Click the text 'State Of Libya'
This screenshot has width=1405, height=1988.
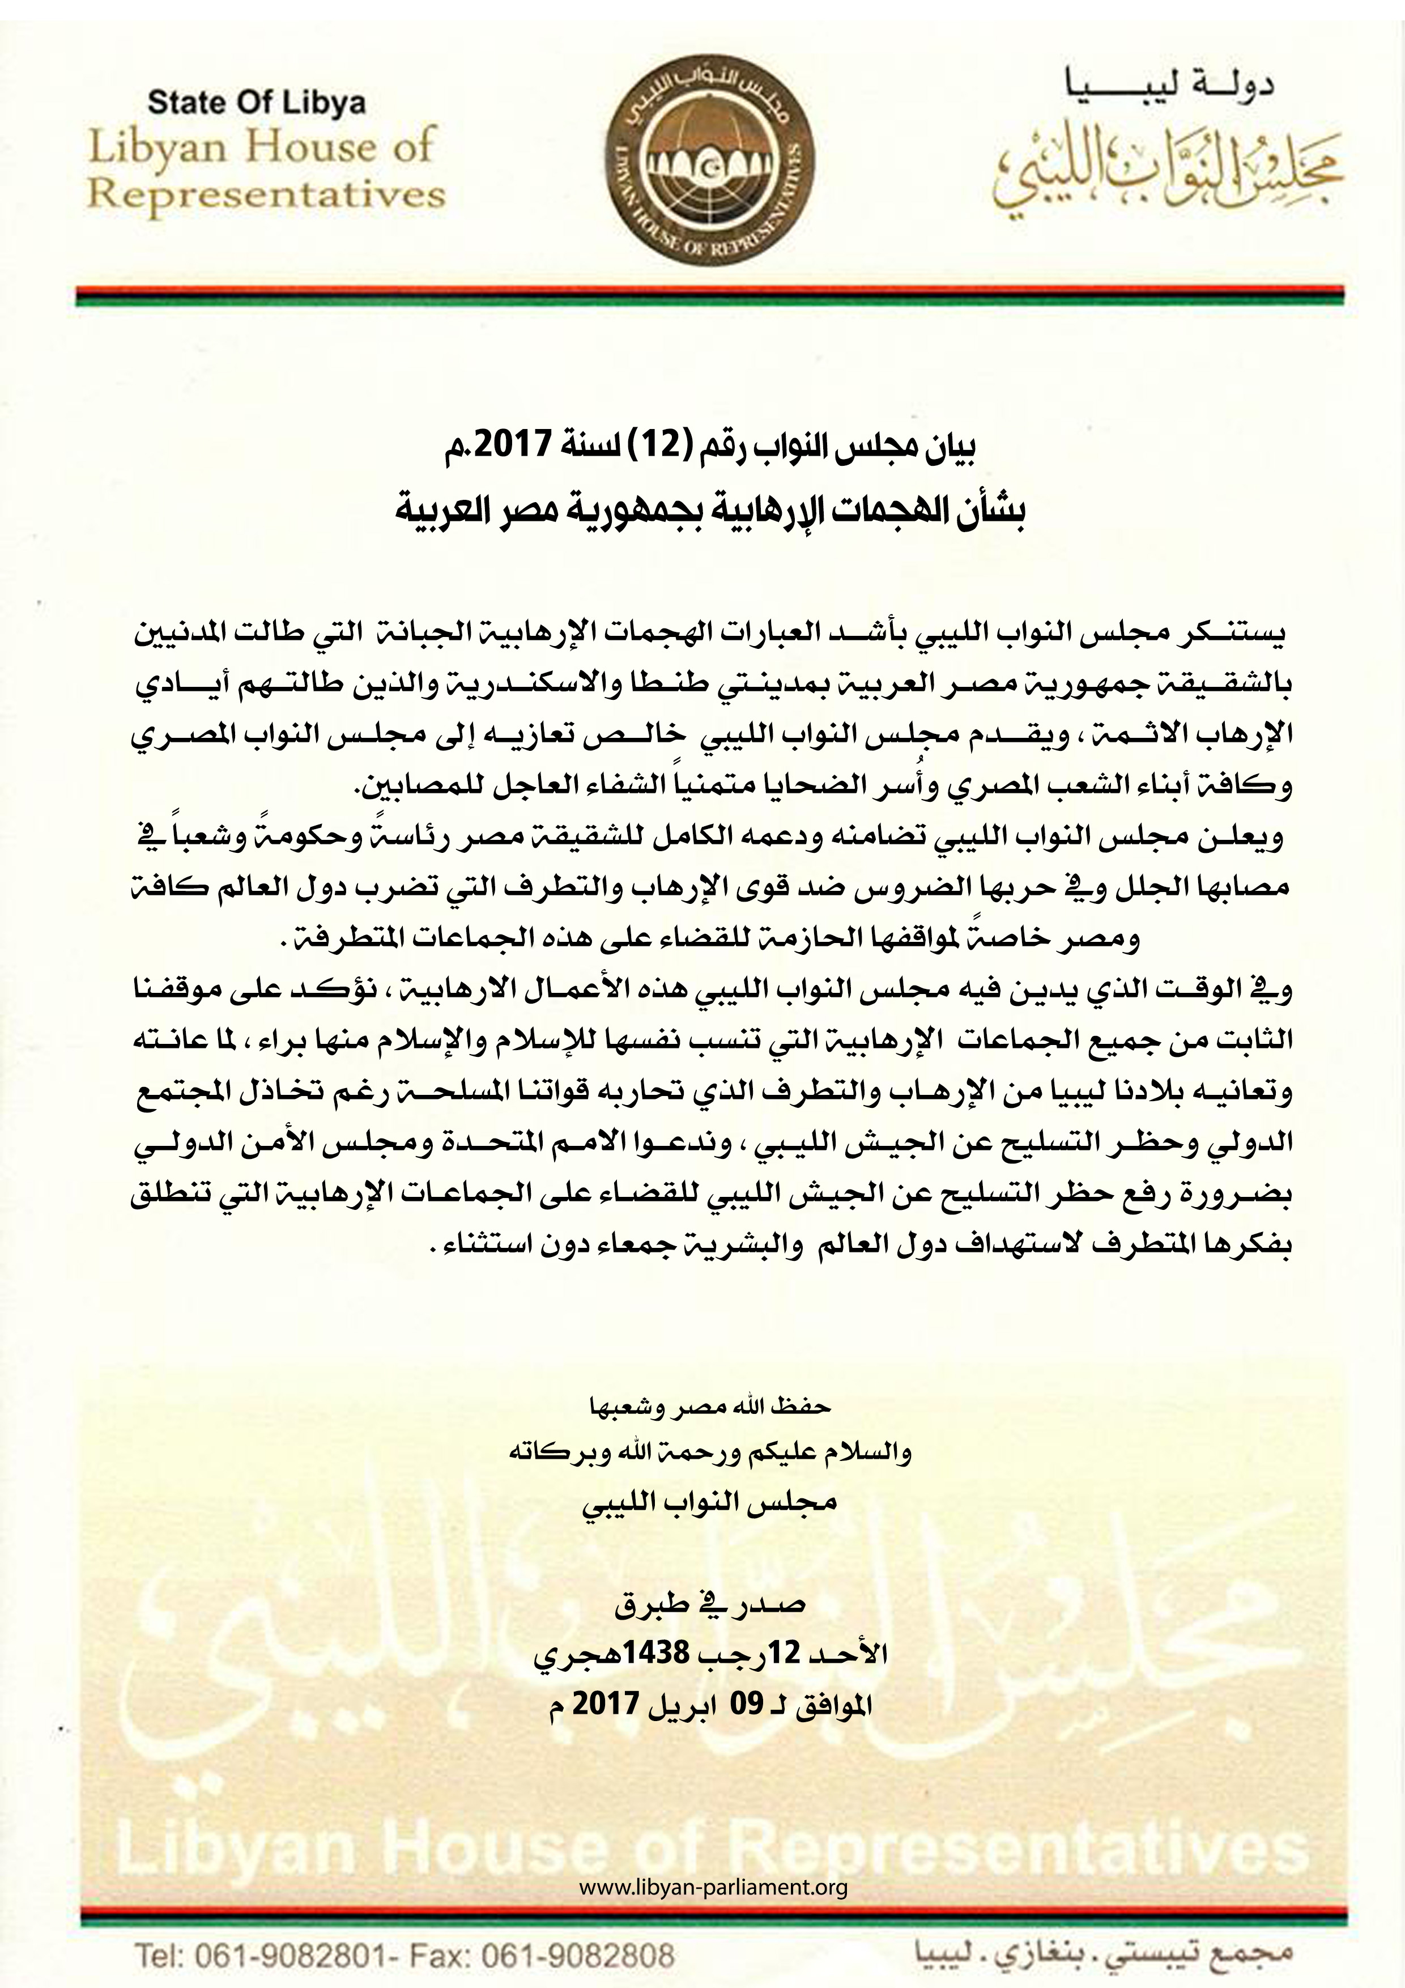point(257,103)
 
